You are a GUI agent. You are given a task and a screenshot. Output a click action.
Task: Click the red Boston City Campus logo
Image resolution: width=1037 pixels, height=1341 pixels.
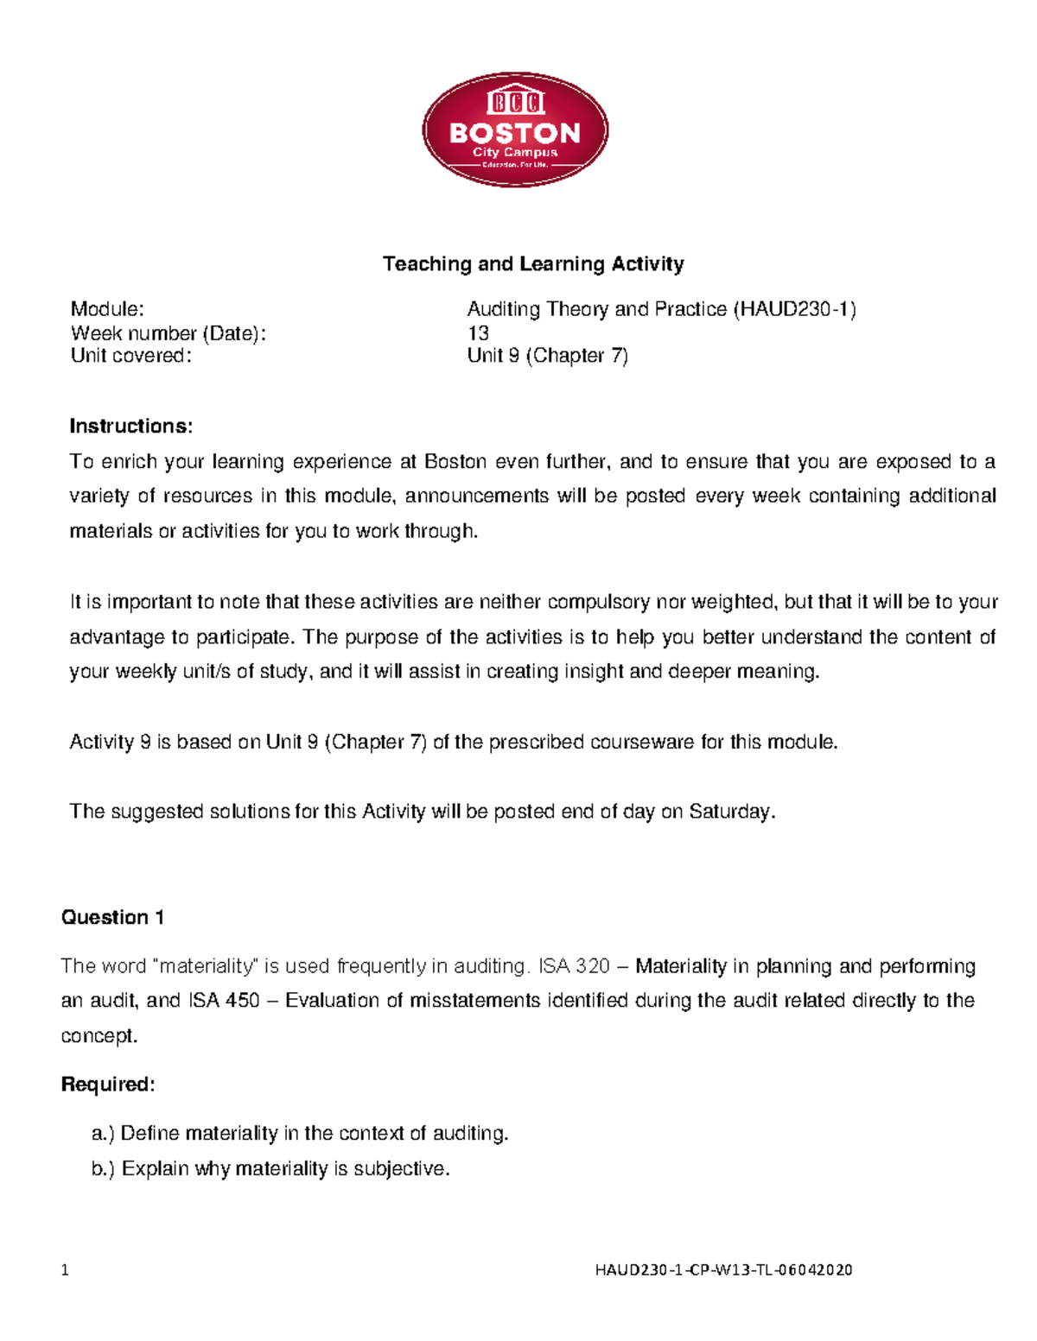pos(515,130)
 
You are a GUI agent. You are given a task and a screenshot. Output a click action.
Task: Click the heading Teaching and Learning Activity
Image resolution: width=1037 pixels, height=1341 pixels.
pos(533,264)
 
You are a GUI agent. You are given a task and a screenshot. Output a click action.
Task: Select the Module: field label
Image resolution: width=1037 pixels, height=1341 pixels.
pos(107,309)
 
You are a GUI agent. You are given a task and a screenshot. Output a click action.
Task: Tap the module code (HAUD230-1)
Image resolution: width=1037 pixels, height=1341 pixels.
pos(794,309)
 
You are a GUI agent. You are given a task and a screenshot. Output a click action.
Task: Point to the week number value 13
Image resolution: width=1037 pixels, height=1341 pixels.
pos(478,333)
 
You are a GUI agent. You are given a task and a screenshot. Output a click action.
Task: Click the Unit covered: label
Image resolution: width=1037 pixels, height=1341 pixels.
pos(130,356)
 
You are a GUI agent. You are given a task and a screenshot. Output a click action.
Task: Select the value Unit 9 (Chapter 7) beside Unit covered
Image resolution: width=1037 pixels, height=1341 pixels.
pos(547,356)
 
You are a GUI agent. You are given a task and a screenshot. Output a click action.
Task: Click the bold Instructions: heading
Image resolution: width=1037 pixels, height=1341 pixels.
pos(130,427)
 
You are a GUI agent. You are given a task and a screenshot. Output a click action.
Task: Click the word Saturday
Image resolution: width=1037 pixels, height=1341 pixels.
pos(730,812)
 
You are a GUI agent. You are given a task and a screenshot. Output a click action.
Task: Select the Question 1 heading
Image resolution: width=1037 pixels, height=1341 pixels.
pos(112,918)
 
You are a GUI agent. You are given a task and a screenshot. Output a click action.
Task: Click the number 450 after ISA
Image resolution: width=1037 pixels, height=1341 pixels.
pos(242,1001)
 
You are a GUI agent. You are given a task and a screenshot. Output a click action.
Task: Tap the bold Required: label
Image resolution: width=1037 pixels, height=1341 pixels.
pos(108,1085)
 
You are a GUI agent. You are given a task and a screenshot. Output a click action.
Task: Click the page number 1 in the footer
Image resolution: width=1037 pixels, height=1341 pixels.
pos(65,1270)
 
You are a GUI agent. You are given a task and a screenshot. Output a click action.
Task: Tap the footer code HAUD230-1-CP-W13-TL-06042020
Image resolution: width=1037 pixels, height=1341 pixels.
pos(723,1270)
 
